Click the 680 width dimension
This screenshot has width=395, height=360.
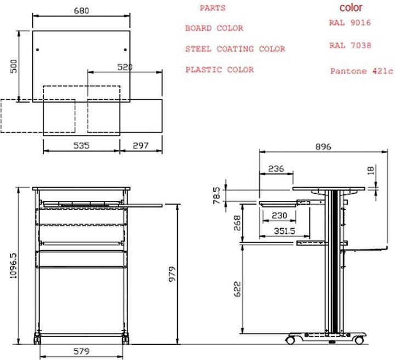tap(81, 10)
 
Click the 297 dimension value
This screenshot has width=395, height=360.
tap(142, 145)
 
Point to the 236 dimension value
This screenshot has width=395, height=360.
tap(276, 169)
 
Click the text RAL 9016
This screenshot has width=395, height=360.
tap(349, 23)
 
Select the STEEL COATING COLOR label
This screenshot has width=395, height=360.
tap(235, 49)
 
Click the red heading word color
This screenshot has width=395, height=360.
tap(351, 8)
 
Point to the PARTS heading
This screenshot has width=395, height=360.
tap(212, 8)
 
